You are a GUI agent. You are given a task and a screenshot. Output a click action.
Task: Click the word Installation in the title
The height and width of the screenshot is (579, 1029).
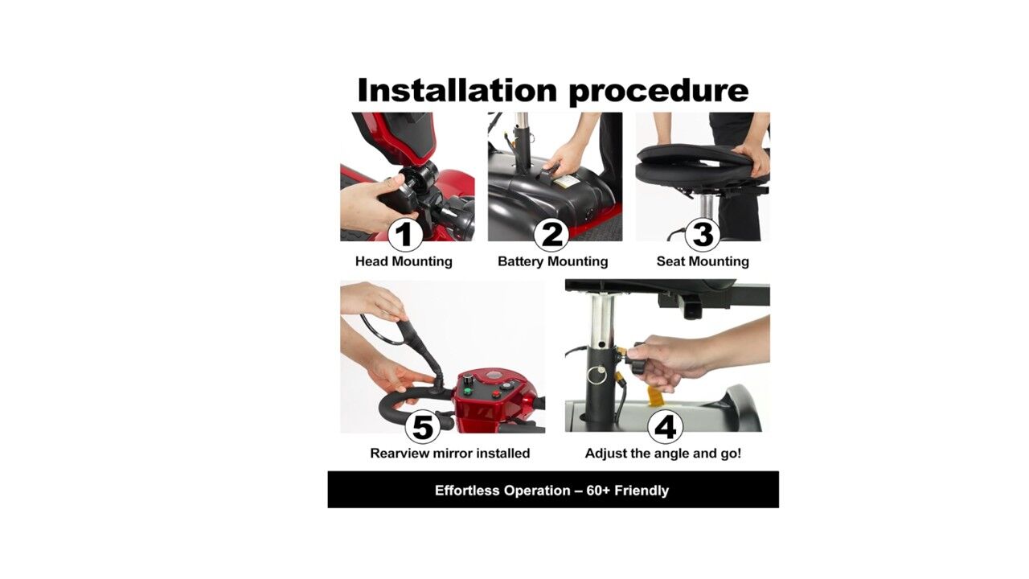pyautogui.click(x=457, y=90)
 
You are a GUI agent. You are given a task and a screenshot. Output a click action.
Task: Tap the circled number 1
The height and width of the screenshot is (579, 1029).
pyautogui.click(x=405, y=234)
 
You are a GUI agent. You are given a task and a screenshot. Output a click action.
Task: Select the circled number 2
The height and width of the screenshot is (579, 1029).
pyautogui.click(x=551, y=234)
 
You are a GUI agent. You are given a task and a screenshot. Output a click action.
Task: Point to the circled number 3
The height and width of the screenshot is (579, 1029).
pyautogui.click(x=703, y=234)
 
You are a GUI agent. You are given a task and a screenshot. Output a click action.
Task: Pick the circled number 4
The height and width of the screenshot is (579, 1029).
pyautogui.click(x=665, y=427)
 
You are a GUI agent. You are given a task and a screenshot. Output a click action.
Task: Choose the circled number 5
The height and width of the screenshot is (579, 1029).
pyautogui.click(x=423, y=427)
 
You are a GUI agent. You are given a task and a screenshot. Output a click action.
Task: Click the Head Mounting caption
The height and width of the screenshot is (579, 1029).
pyautogui.click(x=404, y=261)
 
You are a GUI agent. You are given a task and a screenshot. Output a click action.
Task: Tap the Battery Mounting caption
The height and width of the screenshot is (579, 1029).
pyautogui.click(x=552, y=261)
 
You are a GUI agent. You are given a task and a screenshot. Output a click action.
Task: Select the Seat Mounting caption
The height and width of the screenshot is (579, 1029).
pyautogui.click(x=703, y=261)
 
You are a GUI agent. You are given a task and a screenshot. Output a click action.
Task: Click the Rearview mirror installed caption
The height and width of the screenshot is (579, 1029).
pyautogui.click(x=450, y=454)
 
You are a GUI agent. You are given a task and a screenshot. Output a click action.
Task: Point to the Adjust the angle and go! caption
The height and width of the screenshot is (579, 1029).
pyautogui.click(x=663, y=454)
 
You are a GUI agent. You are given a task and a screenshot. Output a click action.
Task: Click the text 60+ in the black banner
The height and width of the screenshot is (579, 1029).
pyautogui.click(x=598, y=491)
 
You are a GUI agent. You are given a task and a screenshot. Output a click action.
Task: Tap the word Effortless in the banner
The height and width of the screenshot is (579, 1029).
pyautogui.click(x=467, y=491)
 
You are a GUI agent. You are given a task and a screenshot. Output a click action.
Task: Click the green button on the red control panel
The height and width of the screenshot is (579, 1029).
pyautogui.click(x=468, y=392)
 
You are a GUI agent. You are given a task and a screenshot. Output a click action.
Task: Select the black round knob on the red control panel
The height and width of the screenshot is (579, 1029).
pyautogui.click(x=469, y=380)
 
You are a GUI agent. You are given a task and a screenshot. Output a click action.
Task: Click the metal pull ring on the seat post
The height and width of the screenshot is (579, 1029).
pyautogui.click(x=598, y=373)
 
